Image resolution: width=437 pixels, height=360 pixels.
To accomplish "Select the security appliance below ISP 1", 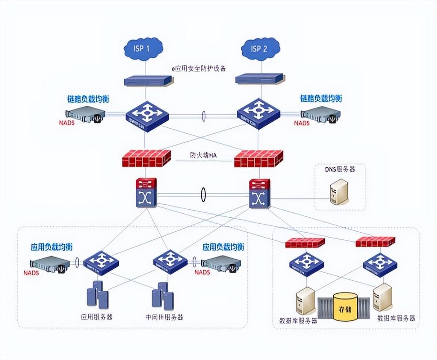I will tap(148, 80).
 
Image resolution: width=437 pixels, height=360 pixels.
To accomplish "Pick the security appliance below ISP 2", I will tap(260, 78).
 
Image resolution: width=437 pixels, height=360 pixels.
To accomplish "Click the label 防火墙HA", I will tap(203, 156).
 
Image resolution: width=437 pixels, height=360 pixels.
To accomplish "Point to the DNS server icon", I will tap(339, 192).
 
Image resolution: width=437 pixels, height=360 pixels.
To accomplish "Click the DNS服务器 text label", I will tap(340, 170).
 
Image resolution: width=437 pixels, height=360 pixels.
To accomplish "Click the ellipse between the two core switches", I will tap(203, 195).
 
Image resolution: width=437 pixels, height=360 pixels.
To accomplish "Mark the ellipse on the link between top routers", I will tap(203, 117).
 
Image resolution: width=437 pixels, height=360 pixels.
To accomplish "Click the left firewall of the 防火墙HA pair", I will tap(147, 158).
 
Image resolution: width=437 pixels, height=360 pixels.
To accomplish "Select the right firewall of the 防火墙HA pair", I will tap(259, 159).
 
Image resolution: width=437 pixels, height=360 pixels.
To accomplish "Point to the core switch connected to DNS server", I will tap(259, 194).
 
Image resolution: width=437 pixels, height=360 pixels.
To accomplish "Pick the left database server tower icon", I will tap(305, 301).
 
